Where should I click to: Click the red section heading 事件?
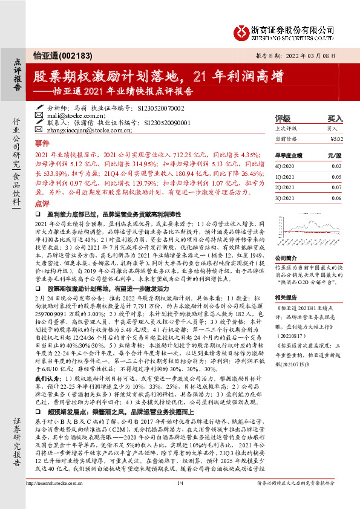point(42,143)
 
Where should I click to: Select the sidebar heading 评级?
point(282,118)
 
